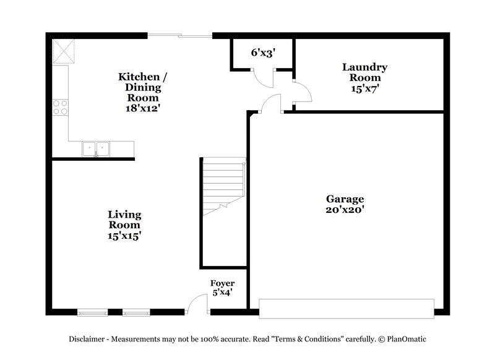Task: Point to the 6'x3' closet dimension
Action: pyautogui.click(x=262, y=53)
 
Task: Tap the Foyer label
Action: pyautogui.click(x=222, y=283)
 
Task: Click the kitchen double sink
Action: pyautogui.click(x=95, y=148)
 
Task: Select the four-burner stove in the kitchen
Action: pyautogui.click(x=60, y=108)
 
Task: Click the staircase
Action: pyautogui.click(x=223, y=186)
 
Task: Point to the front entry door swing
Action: pyautogui.click(x=198, y=303)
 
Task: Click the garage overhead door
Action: pyautogui.click(x=346, y=307)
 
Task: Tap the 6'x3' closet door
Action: pyautogui.click(x=264, y=77)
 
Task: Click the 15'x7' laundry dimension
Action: pyautogui.click(x=365, y=88)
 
